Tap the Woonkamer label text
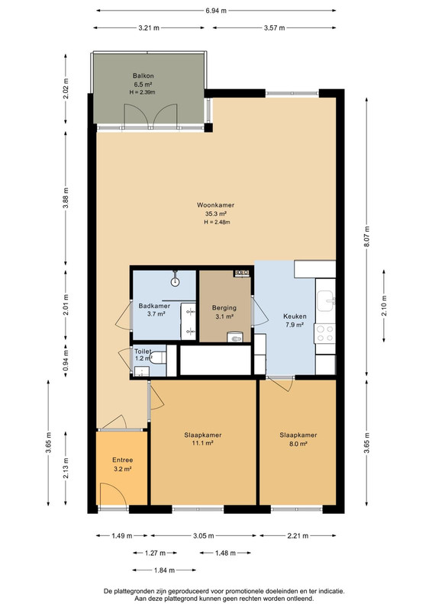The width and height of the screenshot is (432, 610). [x=215, y=205]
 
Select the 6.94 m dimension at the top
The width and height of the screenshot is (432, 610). [x=216, y=11]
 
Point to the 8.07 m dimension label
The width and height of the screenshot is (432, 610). [x=366, y=237]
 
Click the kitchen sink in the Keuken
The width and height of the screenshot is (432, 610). [x=326, y=301]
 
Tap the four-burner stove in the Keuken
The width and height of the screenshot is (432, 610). [x=325, y=333]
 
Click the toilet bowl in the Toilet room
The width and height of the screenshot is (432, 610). [x=158, y=358]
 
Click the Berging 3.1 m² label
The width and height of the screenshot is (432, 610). [x=224, y=312]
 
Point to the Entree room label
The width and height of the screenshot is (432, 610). [x=123, y=460]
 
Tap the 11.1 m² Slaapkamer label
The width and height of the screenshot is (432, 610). [x=203, y=439]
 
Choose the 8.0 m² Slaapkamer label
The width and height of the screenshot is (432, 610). [x=298, y=439]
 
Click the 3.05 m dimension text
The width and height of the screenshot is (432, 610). [x=203, y=536]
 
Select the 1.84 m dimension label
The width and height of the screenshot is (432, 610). [x=164, y=570]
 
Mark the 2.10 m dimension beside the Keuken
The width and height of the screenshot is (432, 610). [x=384, y=306]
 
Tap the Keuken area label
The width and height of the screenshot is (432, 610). [x=295, y=316]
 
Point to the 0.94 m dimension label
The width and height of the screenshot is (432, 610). [x=66, y=360]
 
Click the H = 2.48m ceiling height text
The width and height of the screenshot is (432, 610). [x=217, y=222]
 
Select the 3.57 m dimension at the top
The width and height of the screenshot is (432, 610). [x=274, y=28]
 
